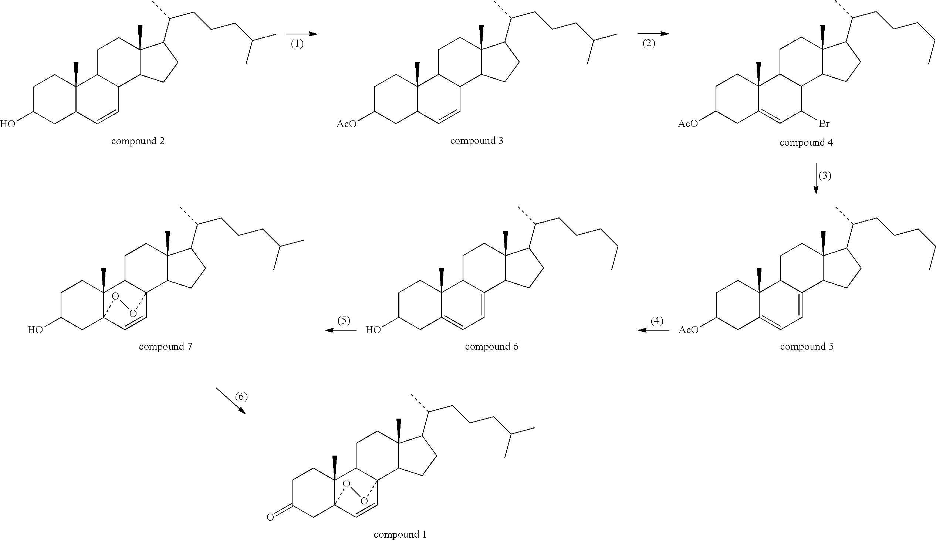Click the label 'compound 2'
138,141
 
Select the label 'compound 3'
477,141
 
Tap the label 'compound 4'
806,143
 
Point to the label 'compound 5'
807,346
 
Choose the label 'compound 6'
491,346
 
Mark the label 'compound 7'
165,346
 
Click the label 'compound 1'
400,534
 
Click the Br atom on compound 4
824,124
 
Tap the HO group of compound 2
7,124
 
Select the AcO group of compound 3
346,124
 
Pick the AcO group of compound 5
688,330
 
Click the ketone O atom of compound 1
270,517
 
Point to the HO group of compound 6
373,330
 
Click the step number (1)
297,44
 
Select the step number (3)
825,175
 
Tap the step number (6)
241,396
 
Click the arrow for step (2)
653,34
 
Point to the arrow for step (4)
654,330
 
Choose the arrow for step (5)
341,330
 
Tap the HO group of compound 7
35,330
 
